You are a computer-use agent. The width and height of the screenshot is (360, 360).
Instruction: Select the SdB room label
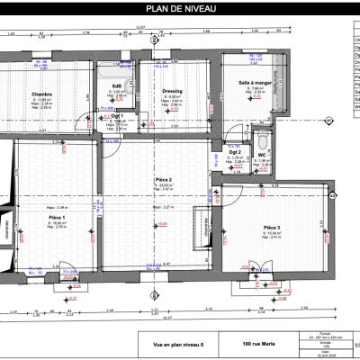pos(117,86)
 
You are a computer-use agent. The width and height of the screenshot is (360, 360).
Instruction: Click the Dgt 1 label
pos(117,116)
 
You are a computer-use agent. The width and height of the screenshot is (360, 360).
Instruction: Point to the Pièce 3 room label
pos(273,227)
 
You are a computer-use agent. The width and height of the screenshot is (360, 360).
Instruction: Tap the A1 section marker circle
pos(328,119)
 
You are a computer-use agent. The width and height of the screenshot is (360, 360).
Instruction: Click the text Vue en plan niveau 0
pos(173,344)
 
